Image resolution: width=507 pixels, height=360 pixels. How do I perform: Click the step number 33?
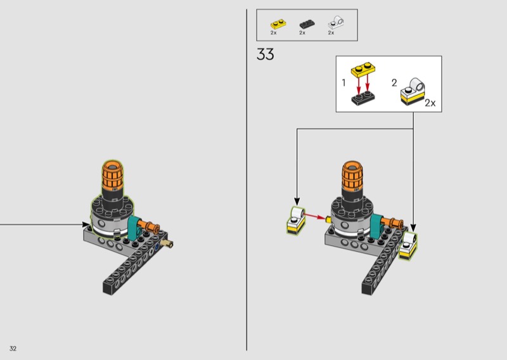point(265,55)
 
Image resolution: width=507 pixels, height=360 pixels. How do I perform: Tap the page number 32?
point(13,349)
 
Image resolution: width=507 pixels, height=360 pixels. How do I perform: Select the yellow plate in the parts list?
point(278,24)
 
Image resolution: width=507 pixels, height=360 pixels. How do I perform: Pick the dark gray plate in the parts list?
point(307,24)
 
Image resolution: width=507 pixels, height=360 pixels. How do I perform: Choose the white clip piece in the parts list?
point(336,23)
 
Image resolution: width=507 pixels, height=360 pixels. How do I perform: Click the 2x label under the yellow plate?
point(274,33)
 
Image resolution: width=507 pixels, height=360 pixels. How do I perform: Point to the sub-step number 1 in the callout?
point(343,83)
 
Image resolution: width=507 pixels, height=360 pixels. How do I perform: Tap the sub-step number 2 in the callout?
point(394,83)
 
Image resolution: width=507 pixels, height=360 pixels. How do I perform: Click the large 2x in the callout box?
point(430,103)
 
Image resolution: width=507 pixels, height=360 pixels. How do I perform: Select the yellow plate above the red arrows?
point(363,70)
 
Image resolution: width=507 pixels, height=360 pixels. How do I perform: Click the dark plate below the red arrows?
point(363,98)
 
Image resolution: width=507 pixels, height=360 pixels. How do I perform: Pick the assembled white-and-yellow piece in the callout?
point(413,91)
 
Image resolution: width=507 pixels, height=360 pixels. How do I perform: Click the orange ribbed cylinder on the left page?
point(113,175)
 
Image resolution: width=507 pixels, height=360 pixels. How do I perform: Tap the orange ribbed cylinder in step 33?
point(352,176)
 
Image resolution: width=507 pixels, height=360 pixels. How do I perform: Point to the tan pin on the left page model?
point(167,243)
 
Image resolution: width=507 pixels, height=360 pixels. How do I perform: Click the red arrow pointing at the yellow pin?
point(314,216)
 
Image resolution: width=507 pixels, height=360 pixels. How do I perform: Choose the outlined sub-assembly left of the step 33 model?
point(296,221)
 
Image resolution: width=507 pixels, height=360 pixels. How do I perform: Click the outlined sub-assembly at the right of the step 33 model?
point(408,245)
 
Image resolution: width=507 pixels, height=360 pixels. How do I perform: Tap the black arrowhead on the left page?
point(86,224)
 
